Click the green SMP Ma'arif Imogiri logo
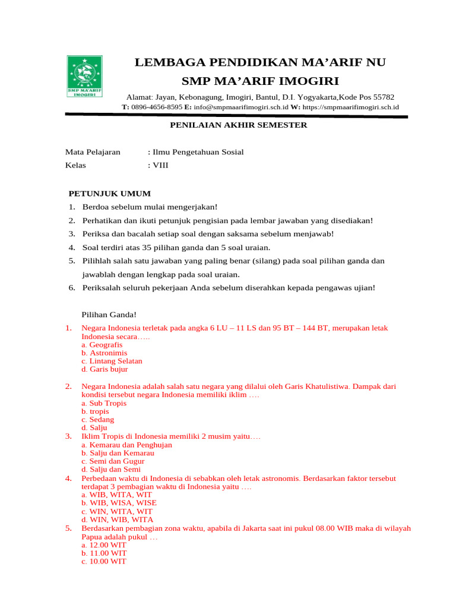click(84, 77)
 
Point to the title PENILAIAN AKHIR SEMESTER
click(239, 125)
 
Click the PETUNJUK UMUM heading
click(110, 194)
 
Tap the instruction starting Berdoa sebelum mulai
click(150, 207)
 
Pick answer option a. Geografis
click(102, 344)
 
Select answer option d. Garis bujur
click(104, 369)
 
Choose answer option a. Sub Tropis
click(104, 403)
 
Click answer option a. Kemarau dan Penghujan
click(126, 444)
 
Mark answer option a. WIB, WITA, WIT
click(116, 495)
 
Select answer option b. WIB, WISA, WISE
click(119, 503)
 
